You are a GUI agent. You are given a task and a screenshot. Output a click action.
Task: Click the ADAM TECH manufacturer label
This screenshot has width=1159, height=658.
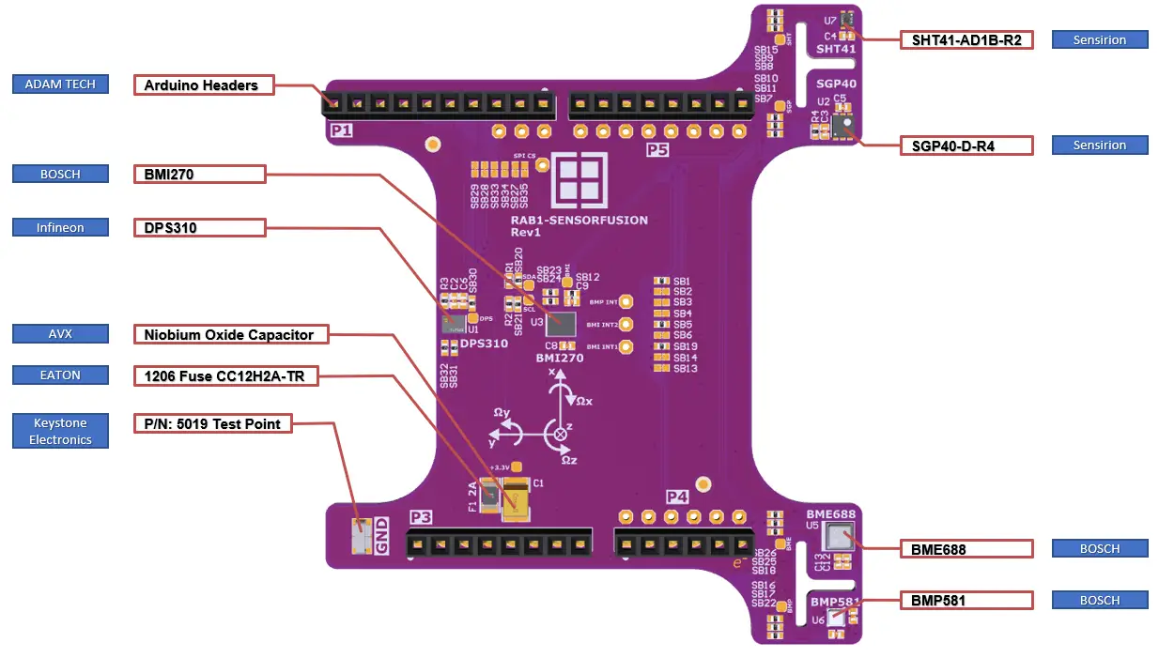60,84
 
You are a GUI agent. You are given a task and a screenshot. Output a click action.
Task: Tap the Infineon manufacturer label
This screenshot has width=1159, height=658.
60,227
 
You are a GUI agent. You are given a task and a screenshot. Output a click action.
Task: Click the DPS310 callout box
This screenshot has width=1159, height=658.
199,227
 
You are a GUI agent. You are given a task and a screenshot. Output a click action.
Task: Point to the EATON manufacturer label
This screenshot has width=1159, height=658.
60,375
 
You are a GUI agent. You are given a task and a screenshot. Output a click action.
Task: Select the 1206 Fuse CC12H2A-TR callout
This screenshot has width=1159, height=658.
225,376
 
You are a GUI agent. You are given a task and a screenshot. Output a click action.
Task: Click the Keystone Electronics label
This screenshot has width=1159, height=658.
60,431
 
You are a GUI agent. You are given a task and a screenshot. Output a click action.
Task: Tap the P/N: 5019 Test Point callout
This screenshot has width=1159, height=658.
213,423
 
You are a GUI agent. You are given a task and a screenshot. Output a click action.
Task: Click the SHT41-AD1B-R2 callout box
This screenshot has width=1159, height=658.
966,40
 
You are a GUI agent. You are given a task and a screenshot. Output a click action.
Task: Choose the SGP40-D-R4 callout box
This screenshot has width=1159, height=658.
966,145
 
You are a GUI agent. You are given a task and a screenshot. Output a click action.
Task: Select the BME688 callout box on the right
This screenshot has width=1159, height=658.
966,548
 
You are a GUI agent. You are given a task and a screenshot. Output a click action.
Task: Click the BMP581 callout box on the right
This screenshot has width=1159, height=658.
966,600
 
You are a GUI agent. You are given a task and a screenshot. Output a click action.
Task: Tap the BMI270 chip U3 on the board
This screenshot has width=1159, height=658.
563,325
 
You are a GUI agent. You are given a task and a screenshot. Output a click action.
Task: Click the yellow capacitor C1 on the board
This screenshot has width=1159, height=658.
516,500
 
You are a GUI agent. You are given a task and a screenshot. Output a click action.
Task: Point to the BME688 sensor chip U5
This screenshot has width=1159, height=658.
837,537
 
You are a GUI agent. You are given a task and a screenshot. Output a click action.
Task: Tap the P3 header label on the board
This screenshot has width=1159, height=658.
420,517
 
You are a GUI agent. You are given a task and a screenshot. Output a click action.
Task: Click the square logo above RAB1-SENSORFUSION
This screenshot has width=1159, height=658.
579,179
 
